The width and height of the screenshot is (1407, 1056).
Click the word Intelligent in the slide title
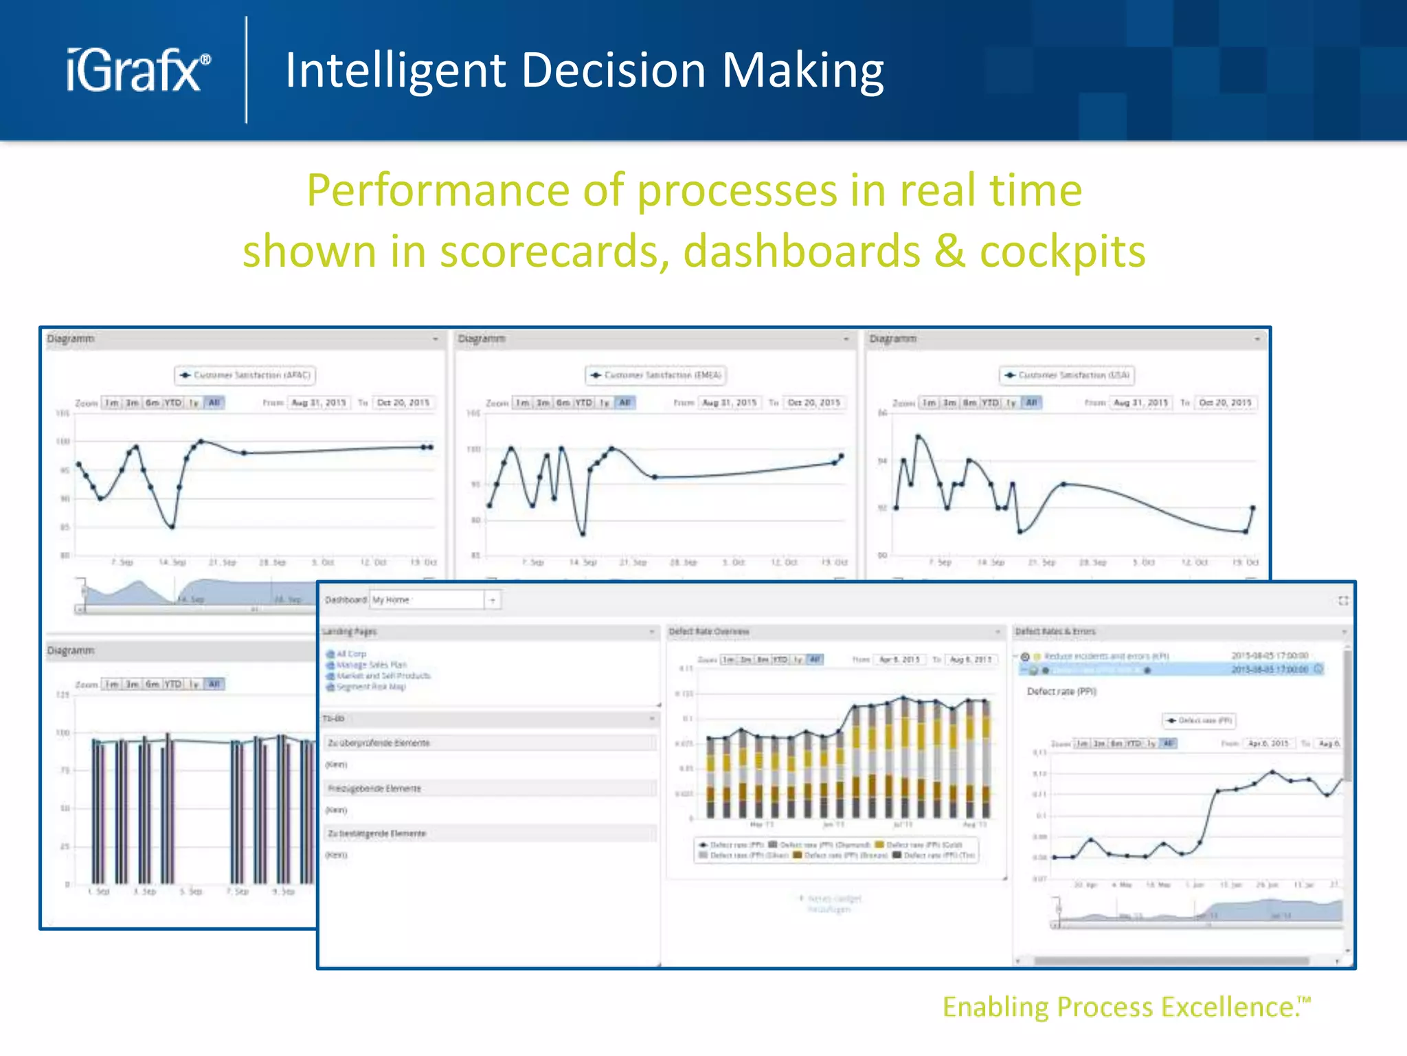(394, 71)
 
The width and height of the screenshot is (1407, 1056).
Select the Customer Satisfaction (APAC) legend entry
(245, 375)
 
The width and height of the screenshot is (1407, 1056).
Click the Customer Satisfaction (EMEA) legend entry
(656, 375)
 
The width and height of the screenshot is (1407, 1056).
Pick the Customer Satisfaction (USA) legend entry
(1067, 375)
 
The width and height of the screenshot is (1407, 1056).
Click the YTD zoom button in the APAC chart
(173, 403)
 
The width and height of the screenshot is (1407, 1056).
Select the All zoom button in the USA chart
(1031, 403)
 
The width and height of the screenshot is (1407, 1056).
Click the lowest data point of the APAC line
(172, 527)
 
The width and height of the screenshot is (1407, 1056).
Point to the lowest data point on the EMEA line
(583, 533)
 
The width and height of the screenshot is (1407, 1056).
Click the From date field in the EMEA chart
(730, 403)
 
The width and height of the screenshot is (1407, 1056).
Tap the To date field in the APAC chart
(403, 403)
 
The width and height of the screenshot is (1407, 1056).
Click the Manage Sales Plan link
(371, 665)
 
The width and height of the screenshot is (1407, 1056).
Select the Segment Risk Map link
(371, 687)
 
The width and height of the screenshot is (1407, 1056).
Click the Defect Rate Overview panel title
(709, 632)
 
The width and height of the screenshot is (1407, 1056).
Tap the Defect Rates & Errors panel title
(1055, 632)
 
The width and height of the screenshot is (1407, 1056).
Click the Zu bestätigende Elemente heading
(377, 834)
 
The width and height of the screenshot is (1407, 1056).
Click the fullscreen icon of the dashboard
(1343, 601)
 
